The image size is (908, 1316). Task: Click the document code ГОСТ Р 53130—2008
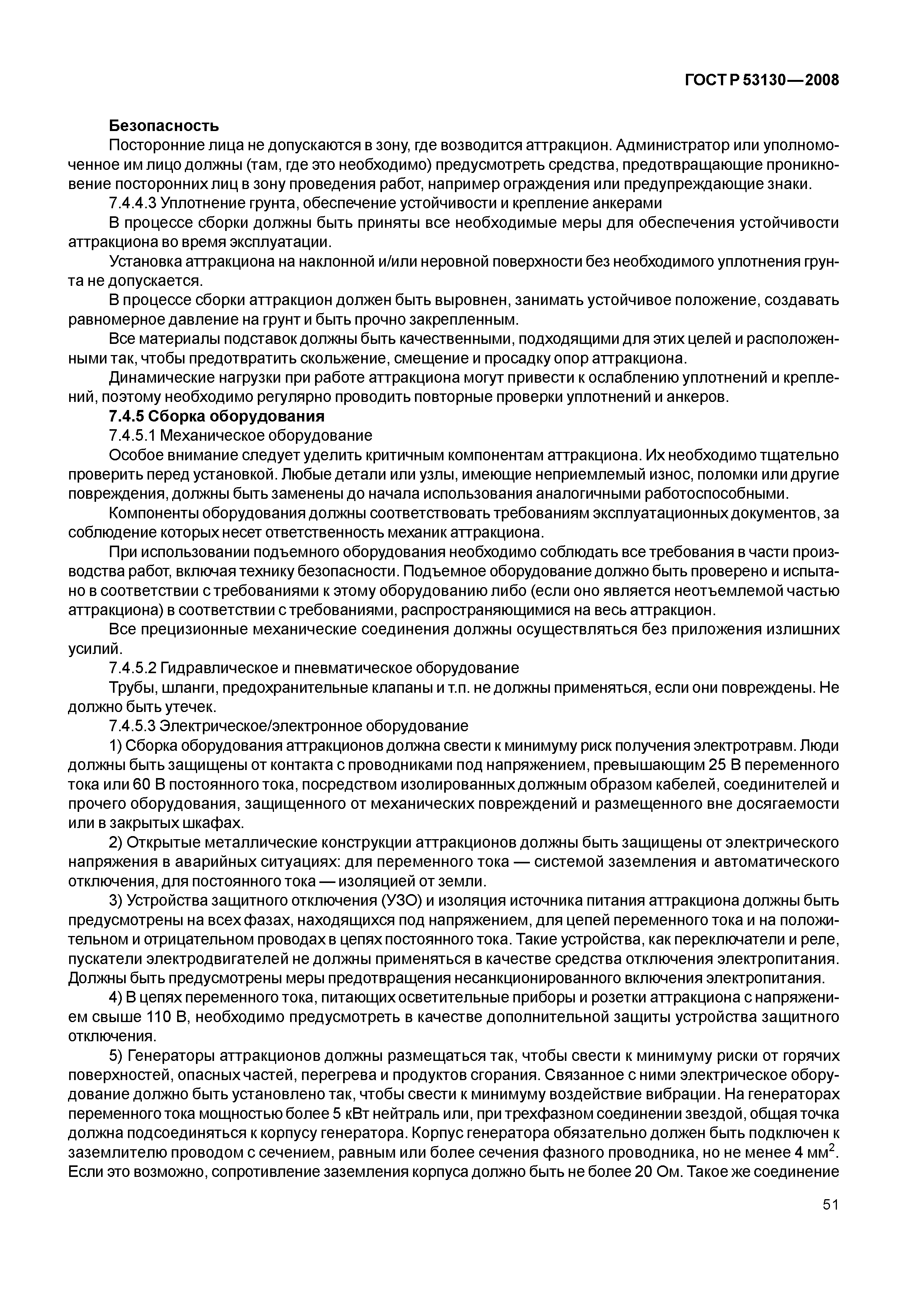[762, 80]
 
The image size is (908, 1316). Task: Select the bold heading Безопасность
[164, 125]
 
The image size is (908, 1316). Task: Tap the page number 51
[831, 1220]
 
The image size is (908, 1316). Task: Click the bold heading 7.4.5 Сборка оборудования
[216, 416]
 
